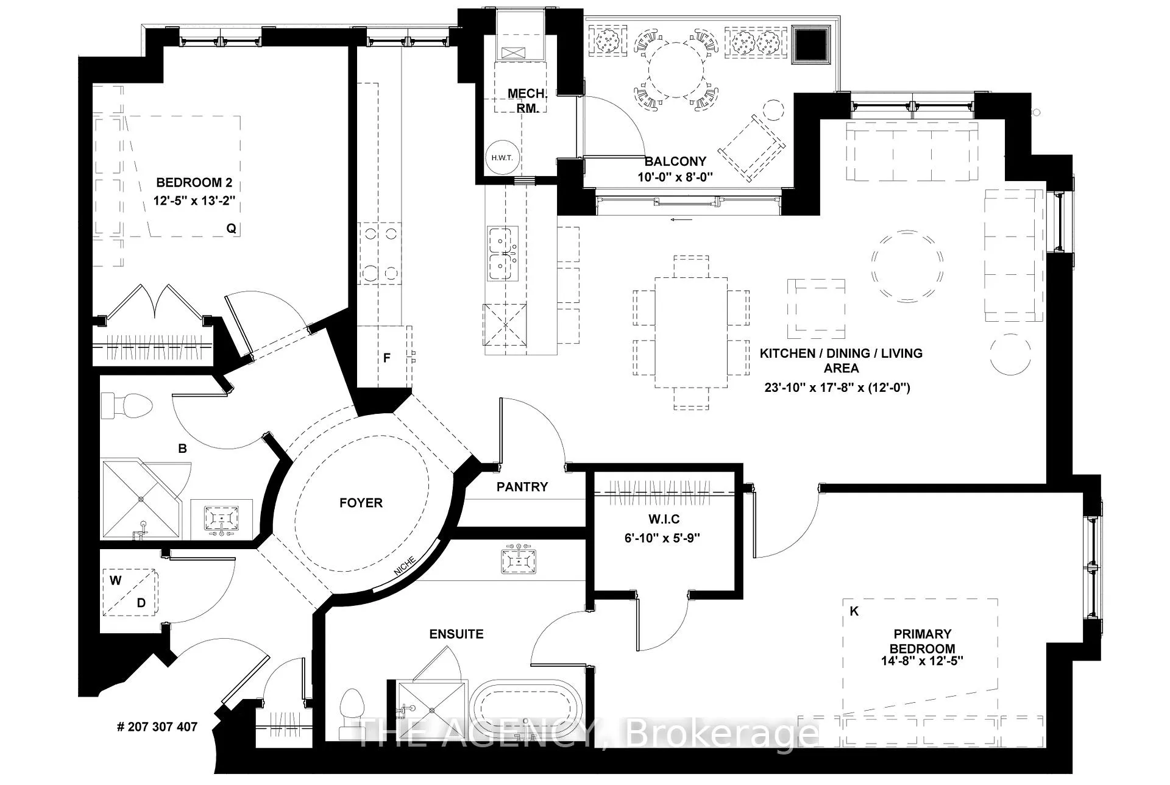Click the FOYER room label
pos(361,503)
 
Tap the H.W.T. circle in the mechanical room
pos(502,158)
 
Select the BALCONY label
pos(675,162)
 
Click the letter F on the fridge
pos(386,358)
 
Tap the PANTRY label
pos(522,487)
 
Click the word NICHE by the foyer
pos(405,566)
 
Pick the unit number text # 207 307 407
pos(157,727)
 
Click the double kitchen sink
pos(503,253)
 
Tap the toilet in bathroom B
pos(126,405)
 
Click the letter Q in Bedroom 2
pos(231,229)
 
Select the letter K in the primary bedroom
pos(854,611)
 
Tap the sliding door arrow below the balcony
pos(681,219)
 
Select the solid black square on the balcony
pos(811,44)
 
